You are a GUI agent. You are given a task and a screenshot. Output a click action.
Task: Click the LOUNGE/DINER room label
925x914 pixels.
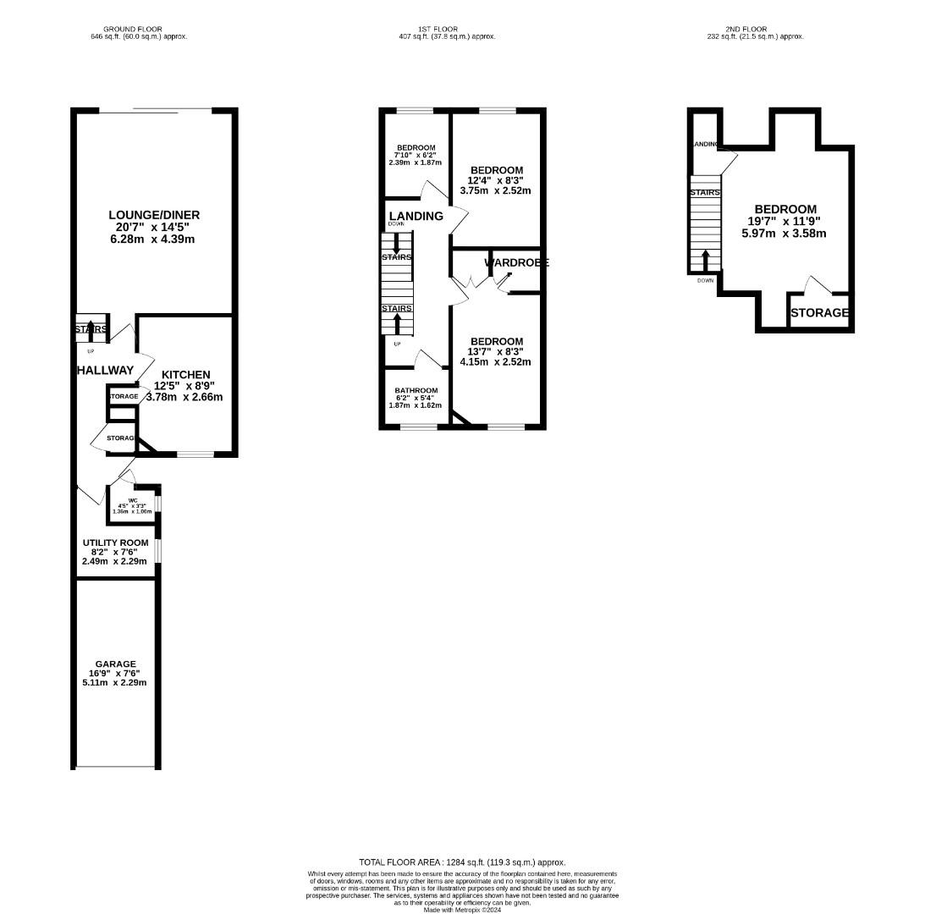tap(154, 215)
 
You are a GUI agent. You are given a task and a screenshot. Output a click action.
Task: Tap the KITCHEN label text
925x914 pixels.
tap(186, 375)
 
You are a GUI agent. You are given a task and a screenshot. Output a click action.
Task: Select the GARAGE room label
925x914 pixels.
tap(115, 664)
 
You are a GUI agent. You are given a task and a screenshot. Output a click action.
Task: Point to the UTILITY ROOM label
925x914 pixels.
tap(115, 542)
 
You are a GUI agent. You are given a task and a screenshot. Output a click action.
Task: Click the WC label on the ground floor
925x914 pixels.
tap(133, 500)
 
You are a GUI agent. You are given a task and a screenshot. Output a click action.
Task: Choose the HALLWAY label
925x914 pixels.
tap(105, 370)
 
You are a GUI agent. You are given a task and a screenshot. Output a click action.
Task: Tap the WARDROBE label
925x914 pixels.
tap(516, 263)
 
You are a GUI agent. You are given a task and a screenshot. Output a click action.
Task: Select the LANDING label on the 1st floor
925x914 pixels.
tap(416, 216)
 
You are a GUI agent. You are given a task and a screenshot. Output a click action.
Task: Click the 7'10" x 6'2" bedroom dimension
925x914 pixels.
tap(416, 155)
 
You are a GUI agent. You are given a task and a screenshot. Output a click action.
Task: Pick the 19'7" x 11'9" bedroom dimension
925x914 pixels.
tap(785, 222)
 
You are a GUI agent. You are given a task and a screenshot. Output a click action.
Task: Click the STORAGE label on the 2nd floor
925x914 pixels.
tap(819, 313)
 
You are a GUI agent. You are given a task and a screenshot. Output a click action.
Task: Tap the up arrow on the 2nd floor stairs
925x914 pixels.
tap(705, 259)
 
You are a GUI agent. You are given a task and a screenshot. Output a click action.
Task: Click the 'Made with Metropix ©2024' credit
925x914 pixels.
tap(462, 910)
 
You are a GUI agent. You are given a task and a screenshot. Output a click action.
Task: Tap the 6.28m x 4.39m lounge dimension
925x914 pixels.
tap(154, 240)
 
